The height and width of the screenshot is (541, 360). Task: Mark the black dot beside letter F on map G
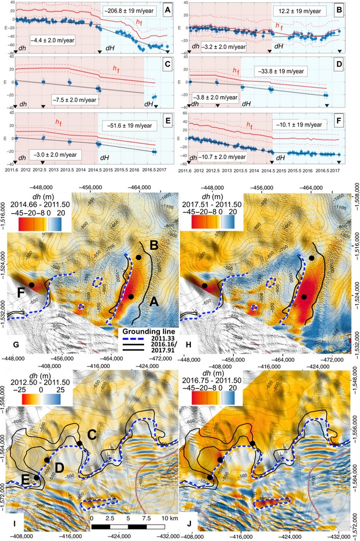pyautogui.click(x=32, y=285)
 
